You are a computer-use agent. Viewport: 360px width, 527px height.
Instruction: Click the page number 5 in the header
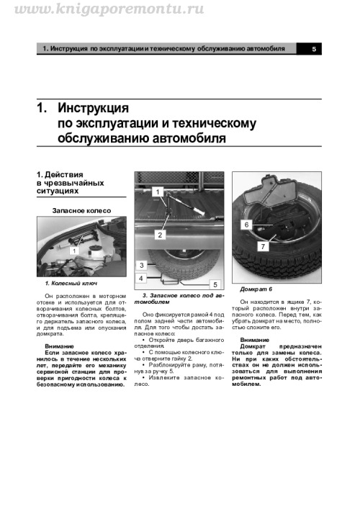pos(314,49)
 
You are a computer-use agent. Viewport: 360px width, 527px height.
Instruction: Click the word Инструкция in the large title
pos(93,108)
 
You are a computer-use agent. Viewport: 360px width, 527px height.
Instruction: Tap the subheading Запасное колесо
pos(81,211)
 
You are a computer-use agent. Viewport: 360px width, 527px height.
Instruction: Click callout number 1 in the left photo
pos(74,251)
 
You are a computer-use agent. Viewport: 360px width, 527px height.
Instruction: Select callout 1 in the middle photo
pos(157,192)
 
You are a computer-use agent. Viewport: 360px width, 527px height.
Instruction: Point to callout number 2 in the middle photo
pos(160,235)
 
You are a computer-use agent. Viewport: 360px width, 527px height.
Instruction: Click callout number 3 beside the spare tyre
pos(142,265)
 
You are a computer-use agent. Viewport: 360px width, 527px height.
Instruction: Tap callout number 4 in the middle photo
pos(141,279)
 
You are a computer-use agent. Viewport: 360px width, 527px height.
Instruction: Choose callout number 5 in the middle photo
pos(215,284)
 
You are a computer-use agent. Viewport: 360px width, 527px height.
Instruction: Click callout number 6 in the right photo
pos(246,225)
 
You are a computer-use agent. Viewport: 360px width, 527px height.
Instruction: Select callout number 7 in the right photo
pos(263,246)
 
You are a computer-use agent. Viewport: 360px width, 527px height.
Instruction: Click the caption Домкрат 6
pos(256,289)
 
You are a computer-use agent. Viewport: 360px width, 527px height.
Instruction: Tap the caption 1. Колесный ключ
pos(71,284)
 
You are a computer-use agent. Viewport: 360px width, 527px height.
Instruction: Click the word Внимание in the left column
pos(59,346)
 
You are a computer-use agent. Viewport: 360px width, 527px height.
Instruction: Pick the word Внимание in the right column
pos(254,340)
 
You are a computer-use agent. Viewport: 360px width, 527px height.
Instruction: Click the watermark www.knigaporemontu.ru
pos(109,9)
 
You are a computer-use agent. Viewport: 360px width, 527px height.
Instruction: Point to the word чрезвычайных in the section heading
pos(74,183)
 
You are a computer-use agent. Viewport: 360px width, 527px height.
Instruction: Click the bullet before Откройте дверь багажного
pos(143,340)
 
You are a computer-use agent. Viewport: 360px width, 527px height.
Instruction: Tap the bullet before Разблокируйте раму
pos(143,365)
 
